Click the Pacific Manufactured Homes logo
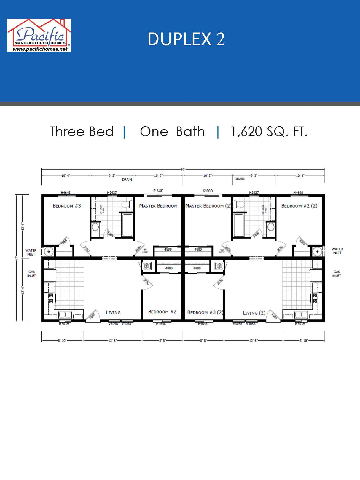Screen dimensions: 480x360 (x=39, y=35)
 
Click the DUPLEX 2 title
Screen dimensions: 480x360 (x=186, y=39)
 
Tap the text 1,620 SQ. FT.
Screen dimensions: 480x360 (x=269, y=132)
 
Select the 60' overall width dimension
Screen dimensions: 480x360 (x=183, y=169)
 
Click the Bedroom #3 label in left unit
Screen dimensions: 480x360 (x=67, y=206)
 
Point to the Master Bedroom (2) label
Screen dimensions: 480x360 (x=208, y=206)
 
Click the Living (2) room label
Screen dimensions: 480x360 (x=254, y=313)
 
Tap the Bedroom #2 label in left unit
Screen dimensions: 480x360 (x=162, y=312)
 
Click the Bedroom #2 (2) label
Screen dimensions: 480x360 (x=299, y=206)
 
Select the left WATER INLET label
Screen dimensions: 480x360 (x=31, y=252)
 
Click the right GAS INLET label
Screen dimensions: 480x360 (x=337, y=274)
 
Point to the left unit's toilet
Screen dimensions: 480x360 (x=128, y=204)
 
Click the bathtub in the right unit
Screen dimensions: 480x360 (x=239, y=225)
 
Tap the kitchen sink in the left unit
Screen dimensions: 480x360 (x=65, y=314)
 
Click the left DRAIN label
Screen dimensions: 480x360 (x=127, y=180)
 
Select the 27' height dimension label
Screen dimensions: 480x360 (x=17, y=258)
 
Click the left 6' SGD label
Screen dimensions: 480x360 (x=158, y=191)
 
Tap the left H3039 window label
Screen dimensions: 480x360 (x=64, y=324)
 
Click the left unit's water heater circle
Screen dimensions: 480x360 (x=49, y=251)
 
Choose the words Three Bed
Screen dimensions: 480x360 (x=82, y=132)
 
